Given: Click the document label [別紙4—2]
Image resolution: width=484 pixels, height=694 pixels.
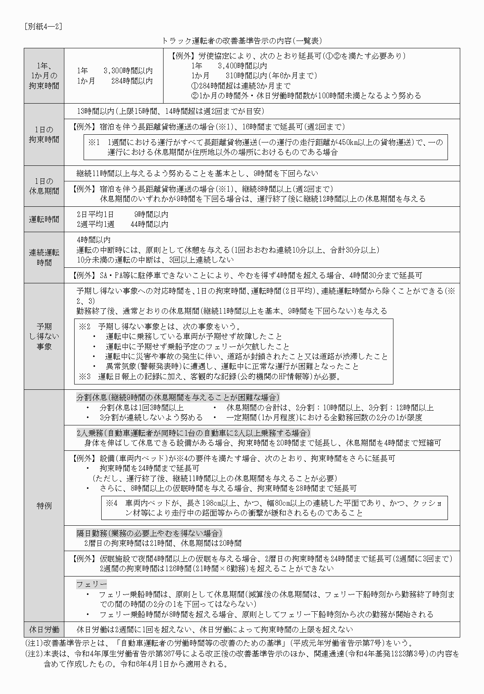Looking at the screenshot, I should (x=43, y=27).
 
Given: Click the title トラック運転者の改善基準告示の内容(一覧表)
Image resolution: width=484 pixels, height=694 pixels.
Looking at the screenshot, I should (x=242, y=41).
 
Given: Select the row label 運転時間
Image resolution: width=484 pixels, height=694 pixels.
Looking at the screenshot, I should (x=44, y=219).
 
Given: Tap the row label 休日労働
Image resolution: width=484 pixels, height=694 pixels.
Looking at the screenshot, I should (x=44, y=629).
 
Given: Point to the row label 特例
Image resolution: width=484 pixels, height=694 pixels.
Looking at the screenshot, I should (x=44, y=506).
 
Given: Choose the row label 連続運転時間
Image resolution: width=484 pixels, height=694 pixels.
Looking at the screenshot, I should (x=44, y=258).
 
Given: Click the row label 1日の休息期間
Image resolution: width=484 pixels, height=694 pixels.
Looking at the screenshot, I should (x=44, y=186).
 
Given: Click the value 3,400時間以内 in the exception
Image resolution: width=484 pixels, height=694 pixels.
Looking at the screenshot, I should (x=242, y=66).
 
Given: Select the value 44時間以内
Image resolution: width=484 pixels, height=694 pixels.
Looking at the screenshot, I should (x=149, y=224).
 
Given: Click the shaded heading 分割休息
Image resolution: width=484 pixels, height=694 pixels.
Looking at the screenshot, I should (x=178, y=397).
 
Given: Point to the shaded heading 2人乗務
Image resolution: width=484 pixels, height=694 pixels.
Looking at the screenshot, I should (x=193, y=433).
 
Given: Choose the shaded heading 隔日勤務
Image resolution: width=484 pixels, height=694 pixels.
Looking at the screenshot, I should (x=149, y=533).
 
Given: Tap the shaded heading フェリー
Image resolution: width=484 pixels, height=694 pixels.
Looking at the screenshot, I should (x=91, y=584).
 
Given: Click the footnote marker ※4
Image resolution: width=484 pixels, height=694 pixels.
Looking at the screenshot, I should (x=112, y=503).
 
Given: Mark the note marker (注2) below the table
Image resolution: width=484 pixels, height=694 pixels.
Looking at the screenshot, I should (x=34, y=654).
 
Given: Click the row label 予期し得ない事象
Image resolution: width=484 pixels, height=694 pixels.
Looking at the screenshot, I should (x=44, y=337).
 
